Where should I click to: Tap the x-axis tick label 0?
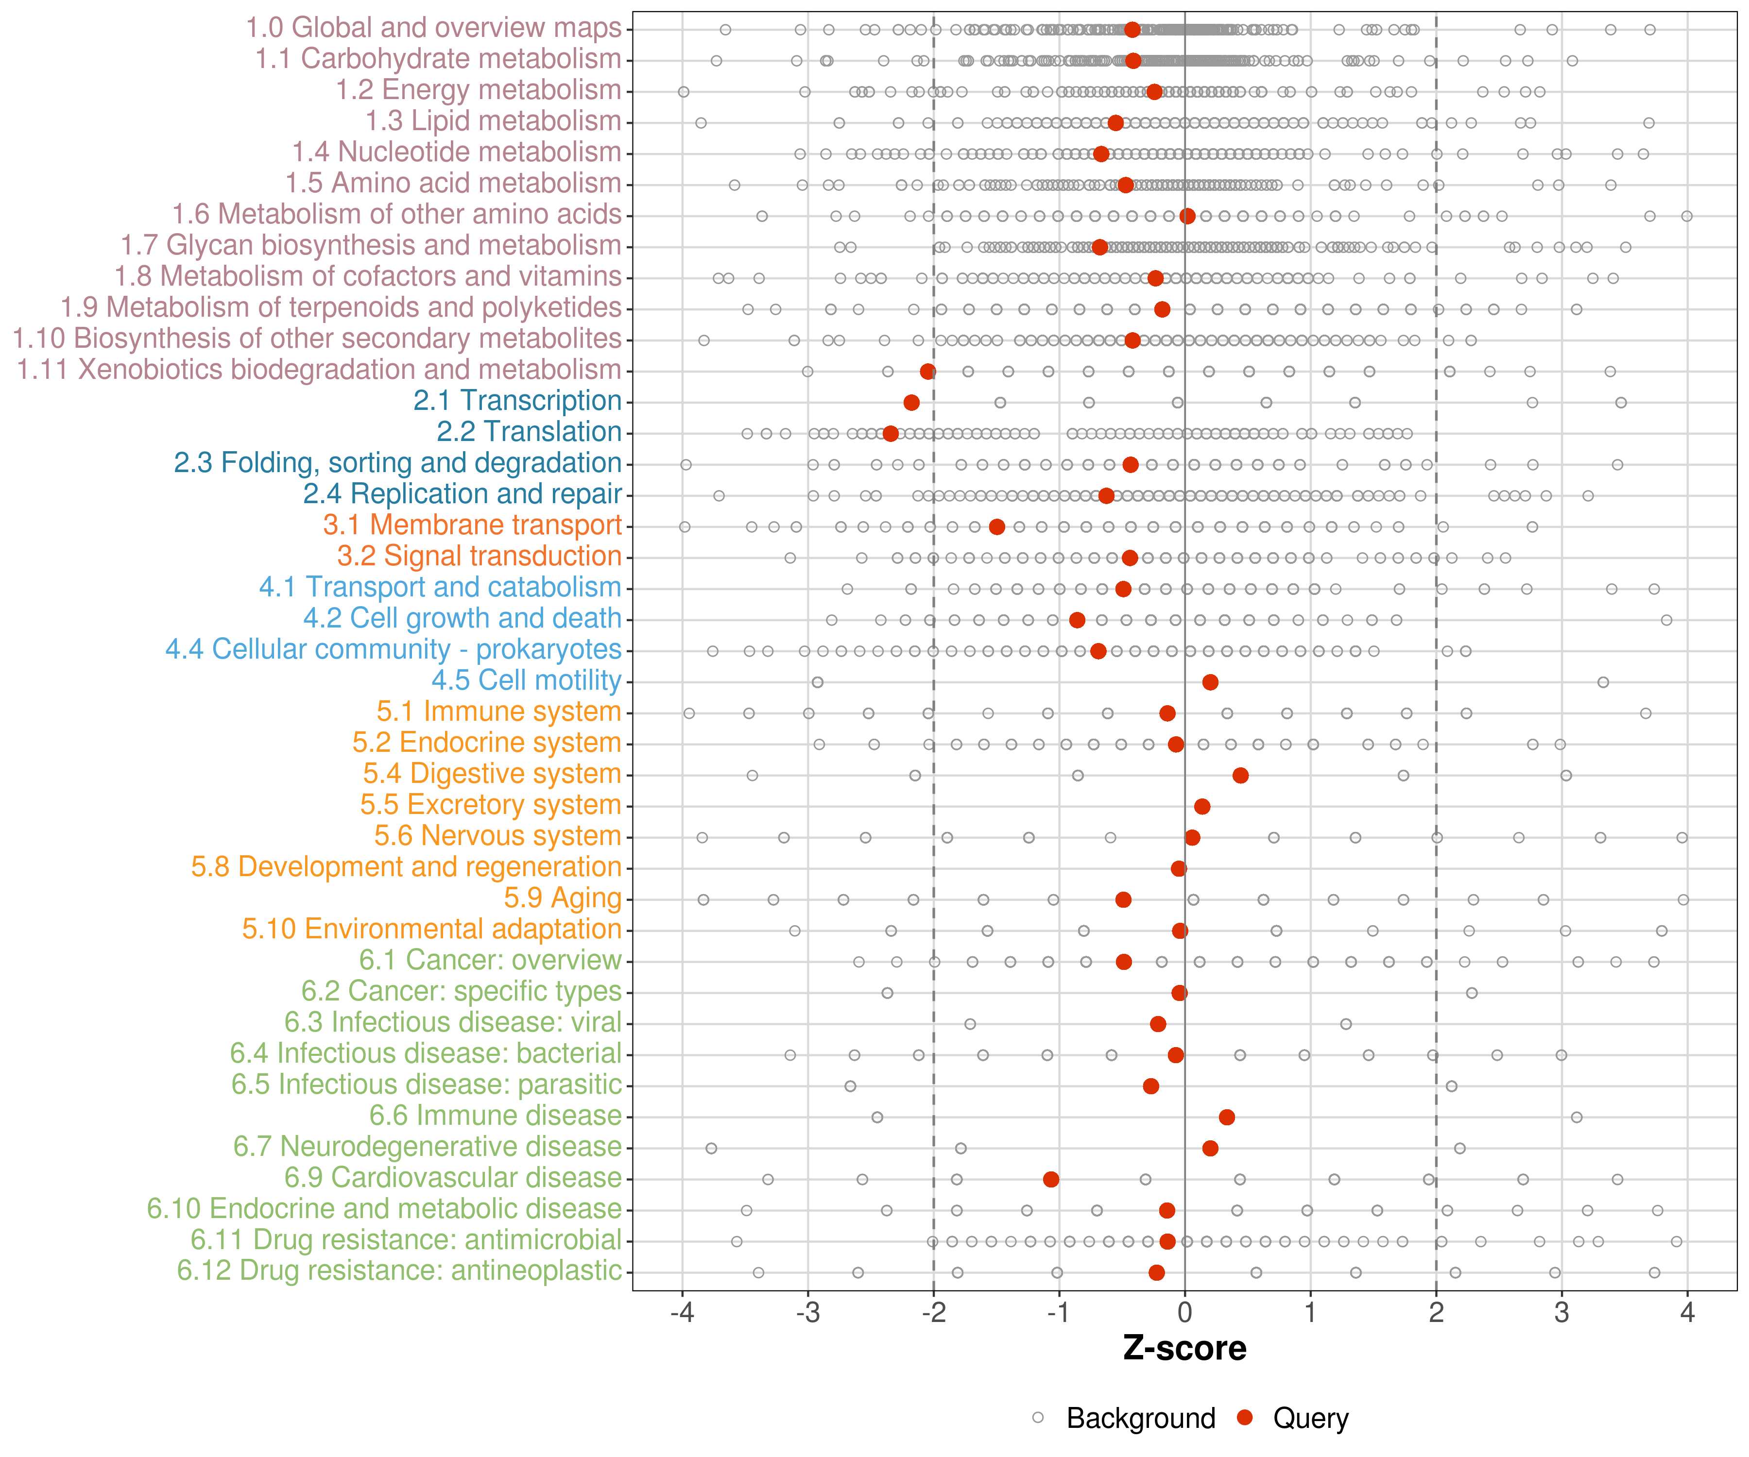tap(1184, 1313)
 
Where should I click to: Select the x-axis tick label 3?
tap(1561, 1313)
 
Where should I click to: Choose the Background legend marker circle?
tap(1038, 1417)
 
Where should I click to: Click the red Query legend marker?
tap(1245, 1417)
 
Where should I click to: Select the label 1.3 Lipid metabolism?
tap(493, 121)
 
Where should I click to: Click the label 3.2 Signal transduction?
tap(479, 556)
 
